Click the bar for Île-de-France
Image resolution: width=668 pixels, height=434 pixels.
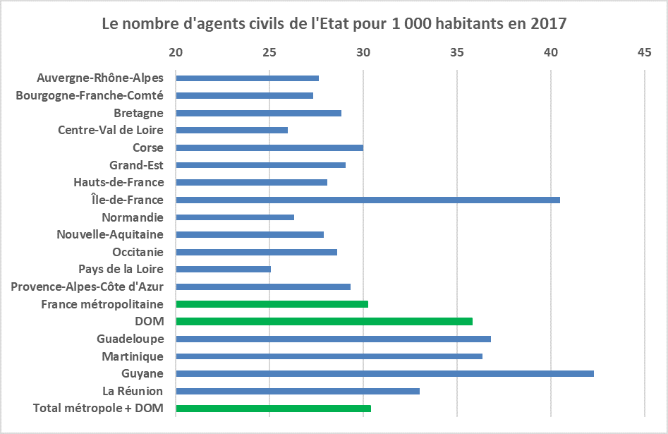[368, 200]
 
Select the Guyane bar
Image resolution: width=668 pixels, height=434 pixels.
[384, 373]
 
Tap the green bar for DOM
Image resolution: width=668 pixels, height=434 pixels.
[324, 321]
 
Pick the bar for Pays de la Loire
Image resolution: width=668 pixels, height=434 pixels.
[223, 269]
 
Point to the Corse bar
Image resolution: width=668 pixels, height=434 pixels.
[269, 147]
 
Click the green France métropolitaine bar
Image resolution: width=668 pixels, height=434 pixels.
[272, 304]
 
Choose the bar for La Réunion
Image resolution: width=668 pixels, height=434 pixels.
[298, 391]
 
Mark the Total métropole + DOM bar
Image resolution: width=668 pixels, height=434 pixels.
[273, 408]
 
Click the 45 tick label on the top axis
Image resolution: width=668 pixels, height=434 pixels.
[644, 52]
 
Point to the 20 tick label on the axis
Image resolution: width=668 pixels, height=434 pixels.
[176, 52]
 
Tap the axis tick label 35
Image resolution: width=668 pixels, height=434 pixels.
[457, 52]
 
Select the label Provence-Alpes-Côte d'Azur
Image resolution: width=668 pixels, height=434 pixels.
[87, 287]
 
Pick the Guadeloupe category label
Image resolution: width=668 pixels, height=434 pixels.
[130, 339]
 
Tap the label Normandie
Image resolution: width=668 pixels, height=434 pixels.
[133, 217]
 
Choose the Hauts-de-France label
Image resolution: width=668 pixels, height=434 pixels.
[119, 182]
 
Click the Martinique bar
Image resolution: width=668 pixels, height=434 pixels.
[329, 356]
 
